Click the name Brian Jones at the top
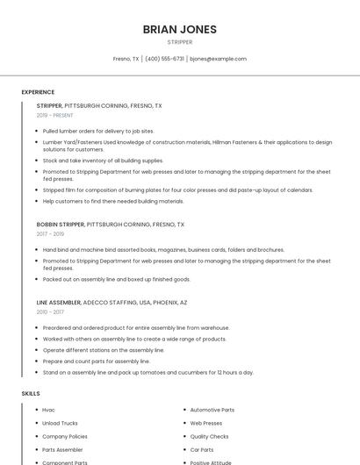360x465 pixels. click(179, 29)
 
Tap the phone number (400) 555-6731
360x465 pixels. click(164, 59)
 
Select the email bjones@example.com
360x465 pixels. click(219, 59)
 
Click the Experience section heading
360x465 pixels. click(38, 92)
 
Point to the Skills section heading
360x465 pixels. click(31, 394)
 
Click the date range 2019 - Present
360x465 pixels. click(54, 115)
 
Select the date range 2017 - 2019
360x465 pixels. click(50, 234)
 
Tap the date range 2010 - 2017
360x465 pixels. click(50, 311)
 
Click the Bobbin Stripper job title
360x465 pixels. click(61, 225)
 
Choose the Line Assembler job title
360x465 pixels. click(58, 302)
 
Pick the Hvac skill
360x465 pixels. click(48, 410)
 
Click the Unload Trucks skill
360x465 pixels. click(60, 423)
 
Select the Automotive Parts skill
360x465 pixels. click(212, 410)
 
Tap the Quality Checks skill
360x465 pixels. click(209, 436)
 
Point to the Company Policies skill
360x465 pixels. click(65, 436)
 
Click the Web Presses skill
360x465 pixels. click(206, 423)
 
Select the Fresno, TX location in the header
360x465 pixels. click(126, 59)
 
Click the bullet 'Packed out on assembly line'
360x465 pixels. click(116, 279)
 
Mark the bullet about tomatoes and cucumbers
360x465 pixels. click(148, 372)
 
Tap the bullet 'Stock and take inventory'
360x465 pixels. click(103, 161)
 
